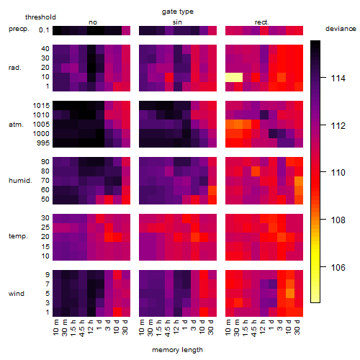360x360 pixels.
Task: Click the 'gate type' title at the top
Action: click(178, 12)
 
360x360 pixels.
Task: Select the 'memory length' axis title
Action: click(177, 350)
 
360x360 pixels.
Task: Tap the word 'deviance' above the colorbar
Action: click(341, 29)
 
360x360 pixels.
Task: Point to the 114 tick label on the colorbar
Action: click(338, 78)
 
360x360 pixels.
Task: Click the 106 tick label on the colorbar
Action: click(338, 267)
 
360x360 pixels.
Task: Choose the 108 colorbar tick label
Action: click(338, 220)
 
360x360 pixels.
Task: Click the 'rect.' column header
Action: click(262, 22)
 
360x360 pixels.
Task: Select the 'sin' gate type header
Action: click(177, 22)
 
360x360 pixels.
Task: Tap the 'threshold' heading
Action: click(40, 17)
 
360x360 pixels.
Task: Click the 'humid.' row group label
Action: click(20, 181)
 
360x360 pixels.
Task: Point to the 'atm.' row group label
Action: click(16, 125)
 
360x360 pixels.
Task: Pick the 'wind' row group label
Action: click(17, 294)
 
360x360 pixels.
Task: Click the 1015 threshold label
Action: click(41, 106)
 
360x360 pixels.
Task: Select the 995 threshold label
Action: click(43, 143)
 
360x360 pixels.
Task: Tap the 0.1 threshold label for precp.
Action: click(44, 30)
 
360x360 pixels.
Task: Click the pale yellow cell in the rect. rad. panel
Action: click(234, 77)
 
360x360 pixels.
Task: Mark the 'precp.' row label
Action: click(19, 29)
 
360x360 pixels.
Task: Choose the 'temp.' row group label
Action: click(18, 236)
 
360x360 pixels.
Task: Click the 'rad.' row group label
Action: click(15, 68)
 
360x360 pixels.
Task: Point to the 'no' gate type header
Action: click(93, 22)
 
